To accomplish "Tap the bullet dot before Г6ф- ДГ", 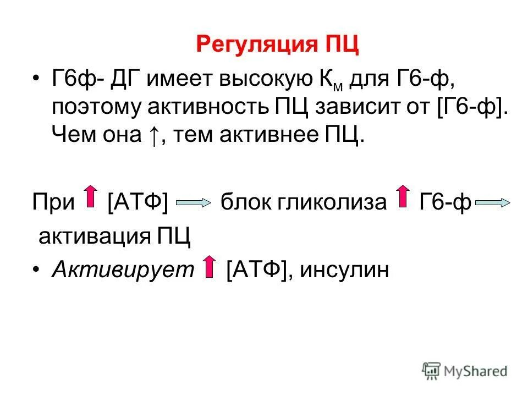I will [36, 80].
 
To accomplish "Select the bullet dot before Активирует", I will [36, 270].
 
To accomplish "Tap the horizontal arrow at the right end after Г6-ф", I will [493, 204].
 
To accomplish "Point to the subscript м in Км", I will [338, 87].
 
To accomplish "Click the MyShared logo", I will [465, 370].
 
